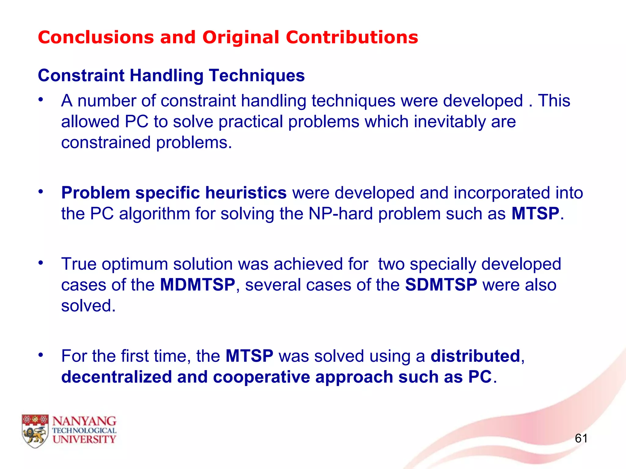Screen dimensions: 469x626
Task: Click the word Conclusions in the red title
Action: [96, 38]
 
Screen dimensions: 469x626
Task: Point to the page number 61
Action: [581, 438]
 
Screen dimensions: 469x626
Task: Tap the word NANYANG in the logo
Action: [84, 421]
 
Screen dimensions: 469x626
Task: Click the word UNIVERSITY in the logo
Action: [84, 439]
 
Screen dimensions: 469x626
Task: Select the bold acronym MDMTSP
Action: [197, 285]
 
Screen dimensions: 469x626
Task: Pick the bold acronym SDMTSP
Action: [441, 285]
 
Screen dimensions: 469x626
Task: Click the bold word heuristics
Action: [246, 193]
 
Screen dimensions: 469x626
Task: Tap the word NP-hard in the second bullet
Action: [341, 214]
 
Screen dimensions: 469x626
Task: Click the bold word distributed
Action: [475, 356]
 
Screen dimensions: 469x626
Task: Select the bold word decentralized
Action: [116, 377]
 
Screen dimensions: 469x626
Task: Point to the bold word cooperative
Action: [261, 377]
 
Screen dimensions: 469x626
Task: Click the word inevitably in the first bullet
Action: [450, 122]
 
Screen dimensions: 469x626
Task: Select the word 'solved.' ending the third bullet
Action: [88, 306]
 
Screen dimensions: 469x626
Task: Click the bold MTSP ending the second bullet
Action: [535, 214]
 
